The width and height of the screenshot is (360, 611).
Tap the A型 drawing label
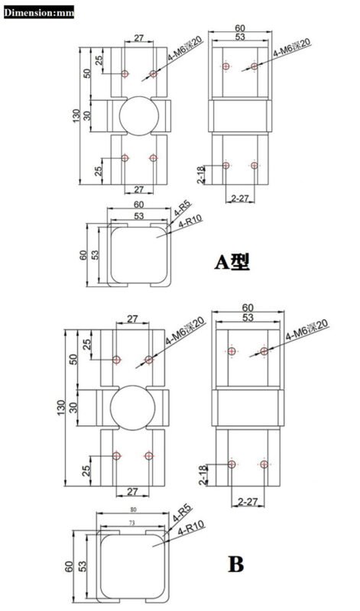pyautogui.click(x=231, y=262)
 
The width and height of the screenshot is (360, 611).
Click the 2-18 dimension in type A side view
pyautogui.click(x=201, y=175)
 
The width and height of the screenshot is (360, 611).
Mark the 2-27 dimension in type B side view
pyautogui.click(x=247, y=500)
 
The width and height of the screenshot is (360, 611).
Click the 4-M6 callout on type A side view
pyautogui.click(x=290, y=50)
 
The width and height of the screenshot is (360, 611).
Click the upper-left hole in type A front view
pyautogui.click(x=125, y=73)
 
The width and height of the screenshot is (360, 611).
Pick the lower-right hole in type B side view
pyautogui.click(x=264, y=464)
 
